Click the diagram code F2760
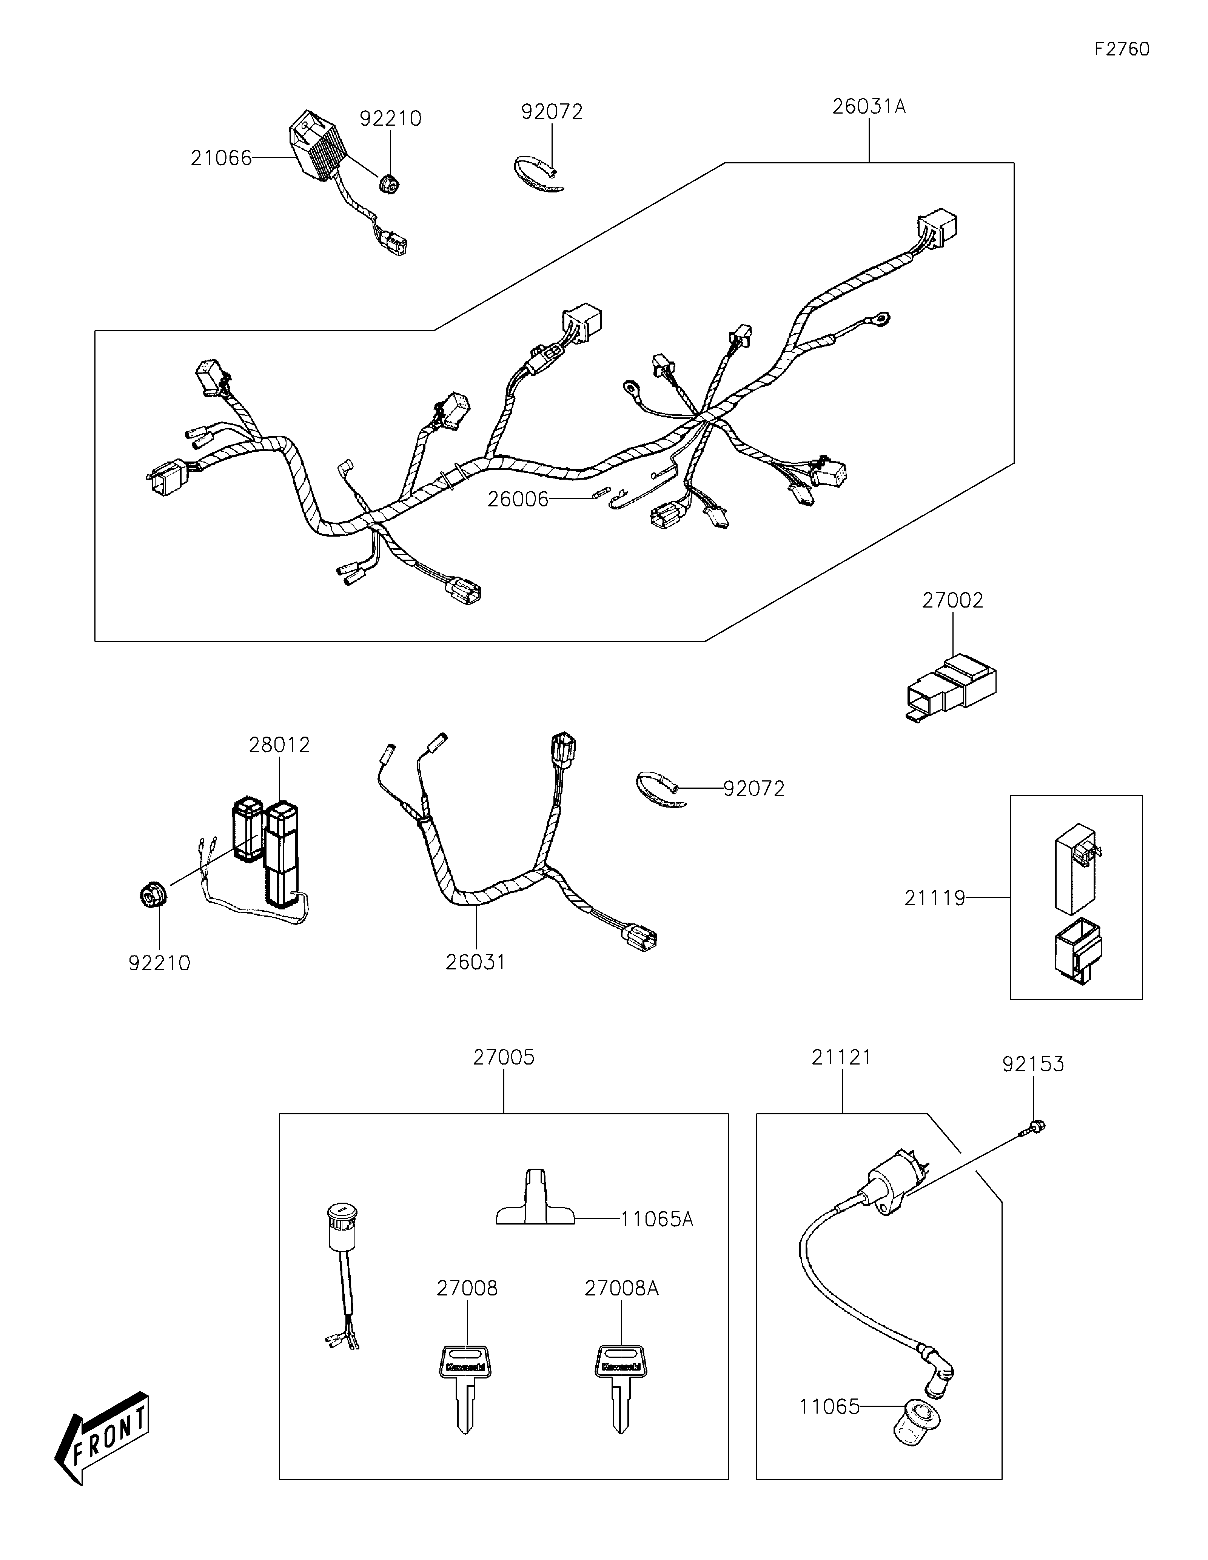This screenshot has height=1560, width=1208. (1122, 49)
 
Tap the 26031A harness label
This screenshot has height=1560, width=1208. (869, 107)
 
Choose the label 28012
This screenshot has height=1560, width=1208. (279, 745)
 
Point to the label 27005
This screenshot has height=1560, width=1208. (504, 1057)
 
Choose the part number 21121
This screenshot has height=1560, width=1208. (841, 1057)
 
